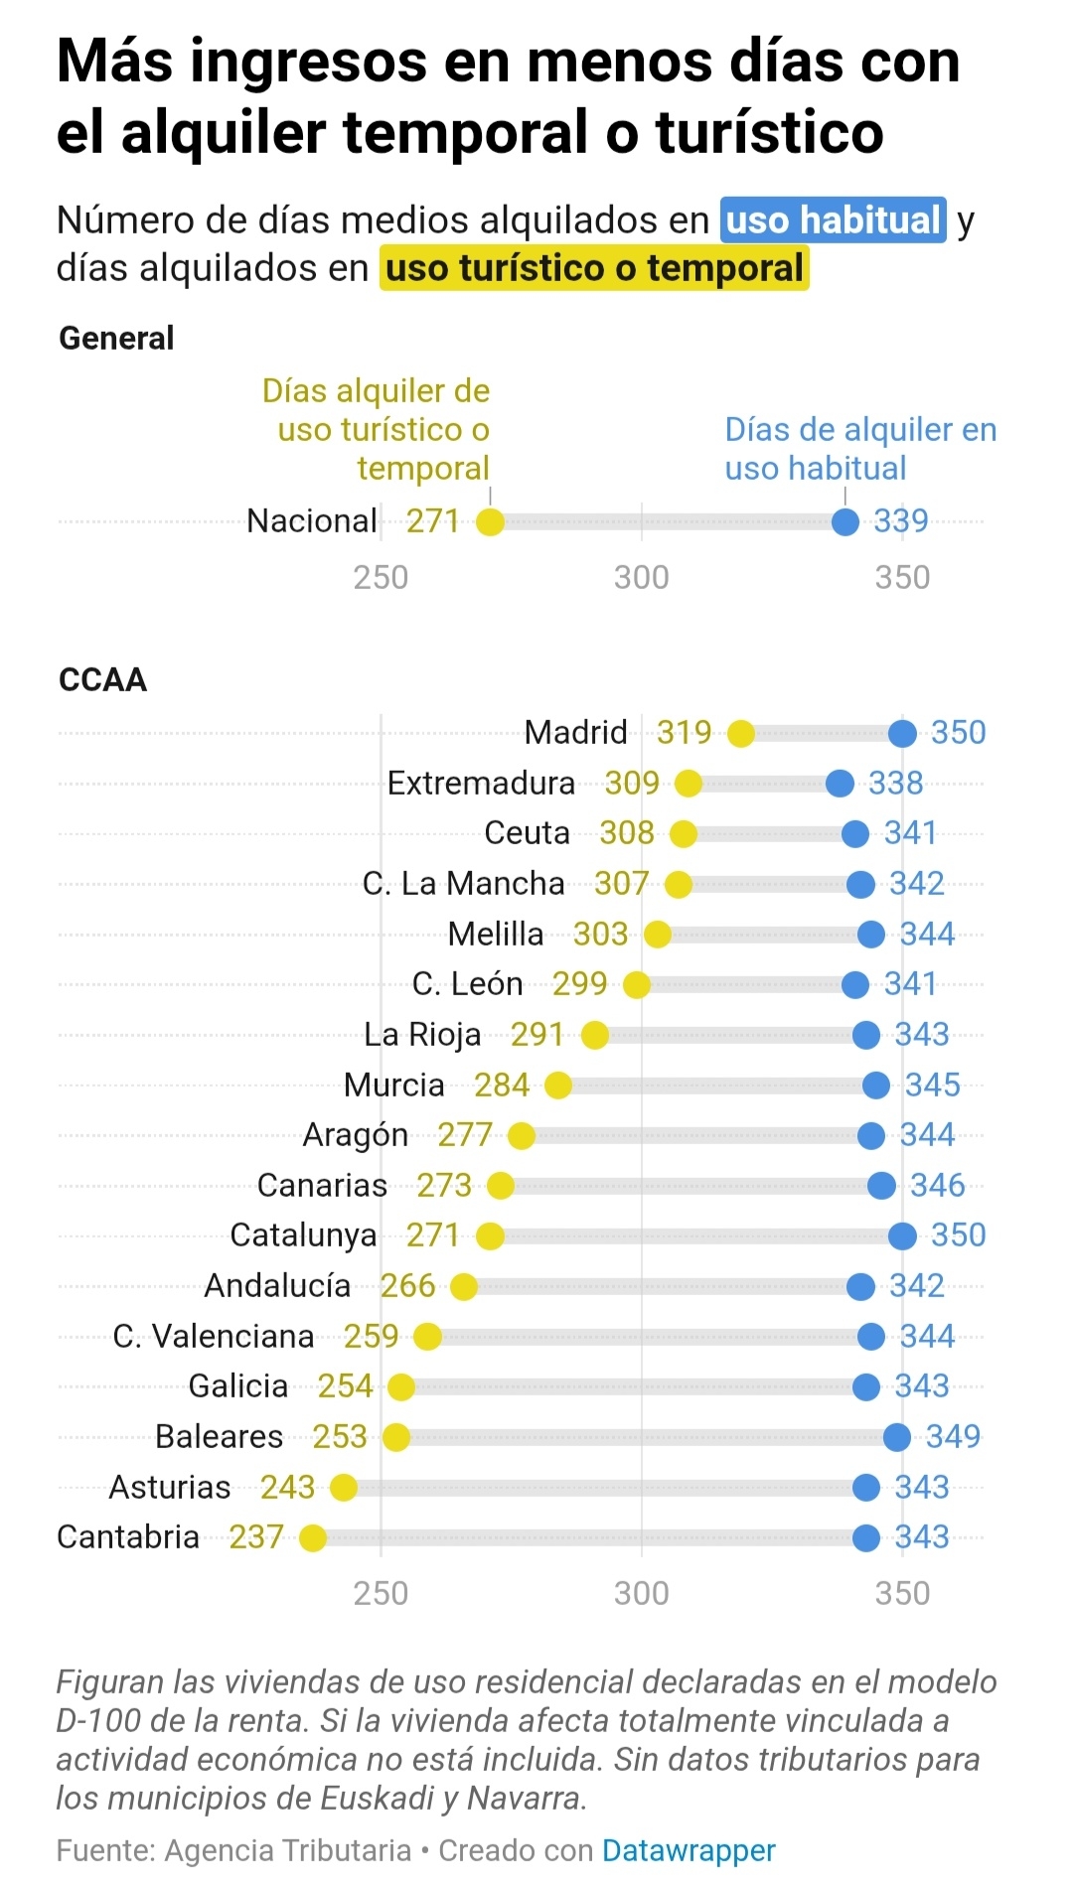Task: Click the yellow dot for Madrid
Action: point(740,734)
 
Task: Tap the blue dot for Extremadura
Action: point(840,784)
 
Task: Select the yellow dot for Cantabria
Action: point(313,1538)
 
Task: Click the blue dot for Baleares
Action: point(897,1437)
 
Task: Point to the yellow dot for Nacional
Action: point(490,521)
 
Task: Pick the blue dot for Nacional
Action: point(845,521)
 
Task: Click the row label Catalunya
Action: point(303,1236)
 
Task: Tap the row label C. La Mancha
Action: point(463,884)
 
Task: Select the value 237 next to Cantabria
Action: point(256,1537)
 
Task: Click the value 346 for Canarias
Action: point(937,1186)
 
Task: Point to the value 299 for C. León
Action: point(579,984)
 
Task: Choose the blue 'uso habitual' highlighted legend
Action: point(833,220)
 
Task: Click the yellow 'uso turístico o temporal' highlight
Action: point(594,269)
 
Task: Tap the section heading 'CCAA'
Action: point(102,680)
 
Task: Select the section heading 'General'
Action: point(116,339)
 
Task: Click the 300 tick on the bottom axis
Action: point(642,1594)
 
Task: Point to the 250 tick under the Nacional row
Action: point(381,578)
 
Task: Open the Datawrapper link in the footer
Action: point(689,1851)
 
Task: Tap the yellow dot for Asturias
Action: point(344,1488)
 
